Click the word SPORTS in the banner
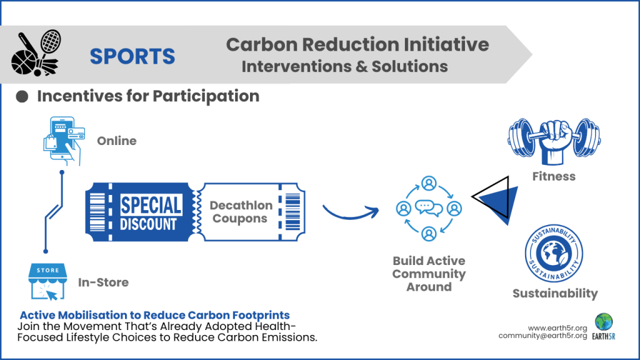(132, 56)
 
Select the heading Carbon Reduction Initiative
(357, 44)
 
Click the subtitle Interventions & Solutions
(344, 66)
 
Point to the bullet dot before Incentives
(22, 96)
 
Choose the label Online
(116, 141)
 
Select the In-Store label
(103, 282)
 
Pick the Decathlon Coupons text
(241, 212)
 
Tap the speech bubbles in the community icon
(429, 208)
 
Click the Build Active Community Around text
(429, 274)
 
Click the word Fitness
(554, 176)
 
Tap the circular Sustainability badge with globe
(554, 253)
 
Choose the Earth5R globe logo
(604, 322)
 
